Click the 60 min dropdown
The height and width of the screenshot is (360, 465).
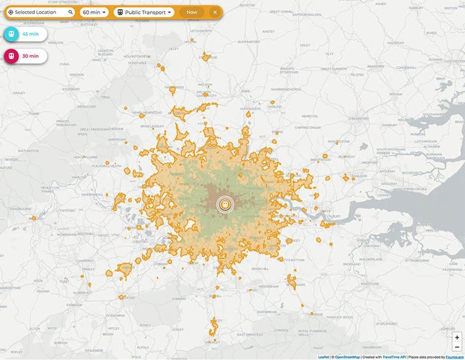coord(94,12)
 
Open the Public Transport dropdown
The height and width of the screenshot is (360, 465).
coord(144,12)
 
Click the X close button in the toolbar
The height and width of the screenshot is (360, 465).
coord(215,12)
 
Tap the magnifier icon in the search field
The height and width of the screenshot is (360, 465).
coord(71,12)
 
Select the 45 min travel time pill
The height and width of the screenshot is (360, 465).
coord(25,34)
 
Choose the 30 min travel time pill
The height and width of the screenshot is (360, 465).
coord(25,56)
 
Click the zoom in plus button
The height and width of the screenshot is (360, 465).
coord(457,337)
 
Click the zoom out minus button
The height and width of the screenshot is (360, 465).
coord(457,347)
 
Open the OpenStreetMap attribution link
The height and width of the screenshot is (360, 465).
coord(347,357)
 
